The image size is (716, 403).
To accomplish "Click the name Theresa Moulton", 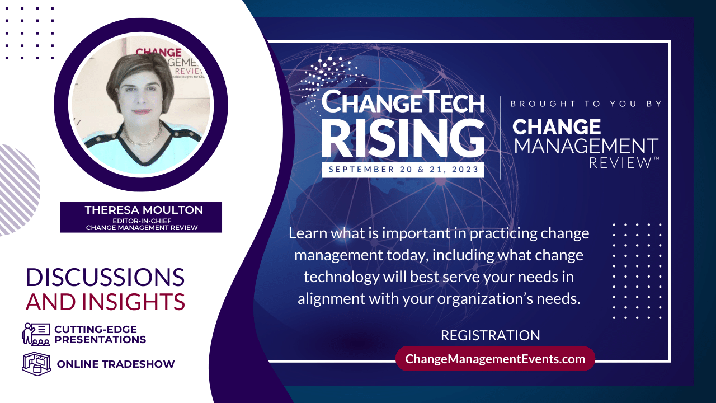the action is [x=144, y=210].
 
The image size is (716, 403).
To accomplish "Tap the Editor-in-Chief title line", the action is [x=142, y=221].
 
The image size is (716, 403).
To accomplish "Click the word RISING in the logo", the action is [x=403, y=138].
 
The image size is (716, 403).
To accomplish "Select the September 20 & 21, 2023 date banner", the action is [x=403, y=170].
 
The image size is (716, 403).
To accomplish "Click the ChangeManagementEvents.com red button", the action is [x=495, y=359].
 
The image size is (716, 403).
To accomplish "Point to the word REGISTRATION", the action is [x=491, y=335].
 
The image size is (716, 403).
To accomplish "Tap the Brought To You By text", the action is [x=586, y=104].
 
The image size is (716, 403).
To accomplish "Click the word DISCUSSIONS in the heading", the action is [x=105, y=277].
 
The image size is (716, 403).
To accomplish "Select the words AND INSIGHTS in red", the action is [x=105, y=302].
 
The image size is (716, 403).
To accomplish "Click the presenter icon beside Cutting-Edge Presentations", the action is [x=36, y=335].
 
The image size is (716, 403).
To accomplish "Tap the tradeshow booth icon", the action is [x=36, y=364].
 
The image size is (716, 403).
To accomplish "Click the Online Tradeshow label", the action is [x=116, y=364].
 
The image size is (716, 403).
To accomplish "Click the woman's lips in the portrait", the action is [x=142, y=112].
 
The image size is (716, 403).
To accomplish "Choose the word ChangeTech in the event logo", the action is [x=403, y=102].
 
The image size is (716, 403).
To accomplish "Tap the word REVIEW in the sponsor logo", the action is [x=620, y=163].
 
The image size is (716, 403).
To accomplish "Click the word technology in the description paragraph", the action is [x=341, y=277].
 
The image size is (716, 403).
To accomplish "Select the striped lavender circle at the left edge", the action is [x=17, y=190].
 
